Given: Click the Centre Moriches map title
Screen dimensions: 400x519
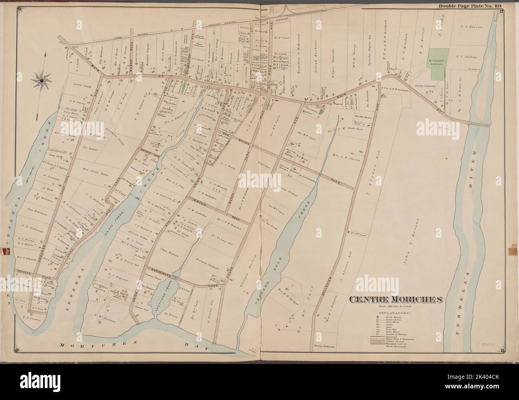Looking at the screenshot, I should click(395, 299).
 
